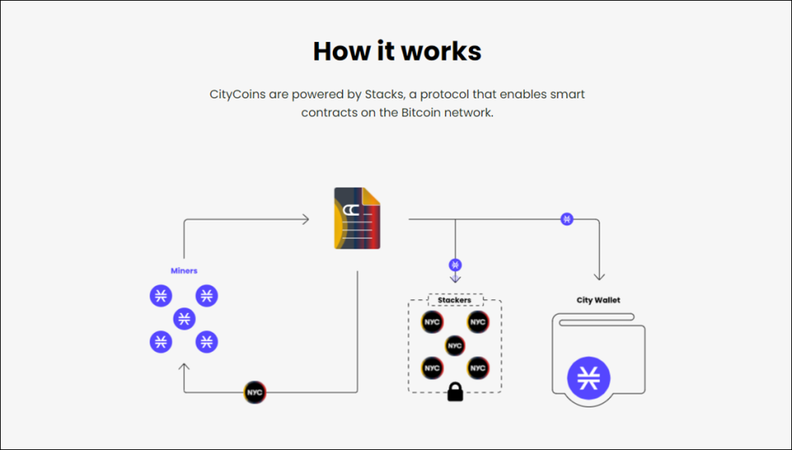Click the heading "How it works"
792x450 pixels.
(397, 52)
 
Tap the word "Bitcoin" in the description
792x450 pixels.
(421, 112)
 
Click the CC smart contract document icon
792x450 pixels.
(357, 218)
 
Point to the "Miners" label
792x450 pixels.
(184, 270)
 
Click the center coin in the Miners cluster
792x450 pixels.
(184, 318)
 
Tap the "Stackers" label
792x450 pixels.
(454, 300)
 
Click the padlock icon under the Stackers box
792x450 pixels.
(454, 393)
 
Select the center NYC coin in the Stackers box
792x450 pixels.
(455, 346)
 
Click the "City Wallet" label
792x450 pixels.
(598, 300)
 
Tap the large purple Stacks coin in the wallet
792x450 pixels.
(589, 379)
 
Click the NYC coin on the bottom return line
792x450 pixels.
(255, 393)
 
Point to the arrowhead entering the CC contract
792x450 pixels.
(305, 219)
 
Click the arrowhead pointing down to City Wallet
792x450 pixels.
(599, 276)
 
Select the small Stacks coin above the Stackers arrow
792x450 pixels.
(455, 265)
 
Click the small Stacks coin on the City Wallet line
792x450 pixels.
(567, 219)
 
